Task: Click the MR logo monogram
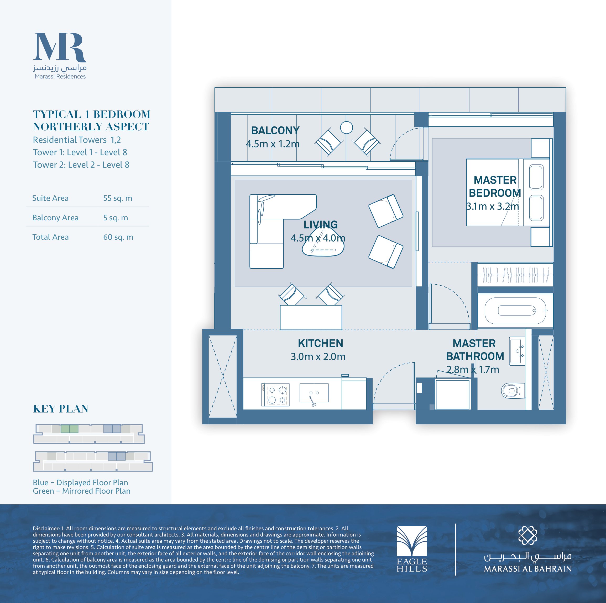tap(60, 47)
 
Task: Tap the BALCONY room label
tap(275, 130)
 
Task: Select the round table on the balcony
tap(346, 127)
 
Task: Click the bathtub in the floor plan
tap(515, 311)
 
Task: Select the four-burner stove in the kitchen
tap(275, 395)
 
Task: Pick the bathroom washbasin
tap(517, 351)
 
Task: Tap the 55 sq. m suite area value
tap(118, 198)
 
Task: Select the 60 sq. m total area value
tap(118, 237)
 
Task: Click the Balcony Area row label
tap(55, 218)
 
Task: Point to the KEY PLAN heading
tap(61, 409)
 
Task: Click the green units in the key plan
tap(69, 429)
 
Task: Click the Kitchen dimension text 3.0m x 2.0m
tap(318, 357)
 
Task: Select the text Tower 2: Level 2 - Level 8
tap(81, 165)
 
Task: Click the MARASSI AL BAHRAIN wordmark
tap(528, 569)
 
